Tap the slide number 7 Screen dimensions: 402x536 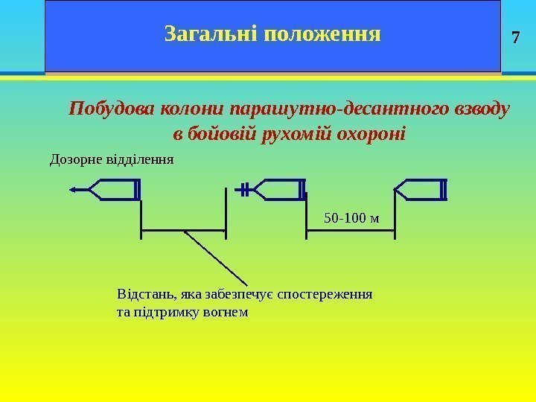(518, 36)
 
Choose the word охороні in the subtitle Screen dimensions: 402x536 (370, 135)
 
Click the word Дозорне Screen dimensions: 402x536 (75, 159)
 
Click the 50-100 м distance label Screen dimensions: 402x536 (351, 218)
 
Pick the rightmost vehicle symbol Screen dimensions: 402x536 (421, 190)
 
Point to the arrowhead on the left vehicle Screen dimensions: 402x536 (73, 191)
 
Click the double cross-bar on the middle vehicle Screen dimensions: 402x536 (243, 190)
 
